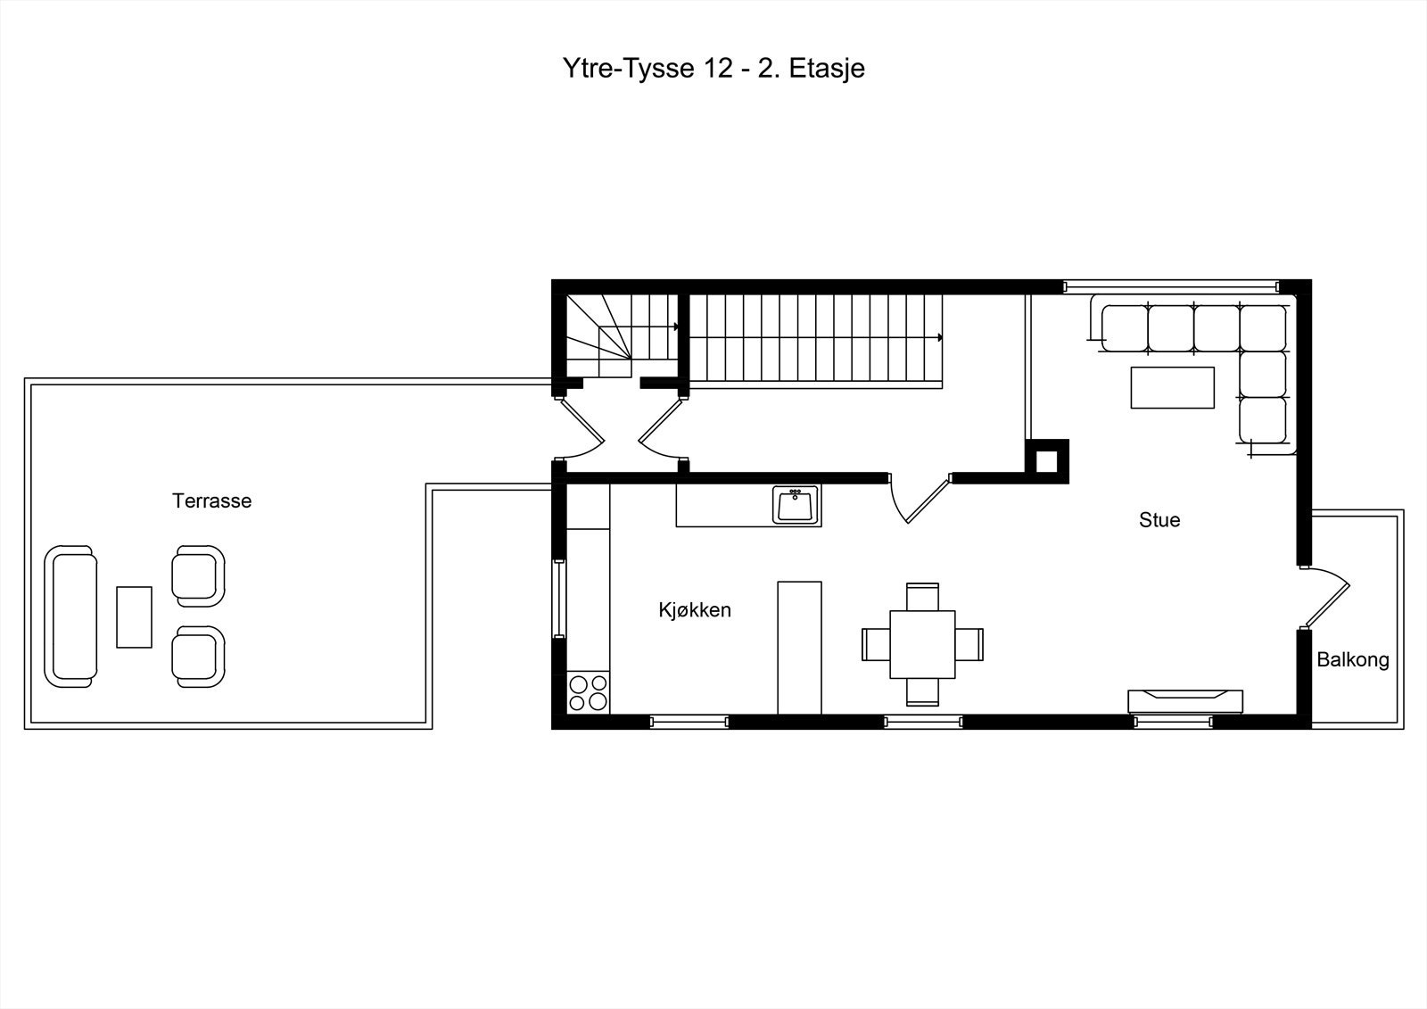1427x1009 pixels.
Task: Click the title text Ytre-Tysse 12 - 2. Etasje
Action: [713, 69]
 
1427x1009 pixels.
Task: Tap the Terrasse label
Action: [211, 501]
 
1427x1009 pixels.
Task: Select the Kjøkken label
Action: [695, 610]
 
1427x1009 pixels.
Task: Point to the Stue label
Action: [1159, 520]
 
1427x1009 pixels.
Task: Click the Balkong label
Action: [1352, 659]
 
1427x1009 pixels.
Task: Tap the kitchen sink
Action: [796, 505]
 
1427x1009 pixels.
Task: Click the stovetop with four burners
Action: [588, 692]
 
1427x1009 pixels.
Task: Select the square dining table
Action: [922, 644]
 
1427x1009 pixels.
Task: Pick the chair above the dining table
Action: [922, 597]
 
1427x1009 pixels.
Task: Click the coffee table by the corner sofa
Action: [1173, 387]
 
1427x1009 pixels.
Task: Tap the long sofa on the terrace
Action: [70, 616]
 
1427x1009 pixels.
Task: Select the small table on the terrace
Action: [134, 617]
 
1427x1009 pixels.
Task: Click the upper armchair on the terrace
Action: [198, 576]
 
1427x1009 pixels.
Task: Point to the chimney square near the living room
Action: [1047, 461]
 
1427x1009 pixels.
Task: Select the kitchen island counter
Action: [799, 648]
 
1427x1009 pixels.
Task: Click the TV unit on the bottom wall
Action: [1185, 701]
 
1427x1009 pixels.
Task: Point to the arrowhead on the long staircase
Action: [940, 337]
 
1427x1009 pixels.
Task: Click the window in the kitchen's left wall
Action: [558, 599]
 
